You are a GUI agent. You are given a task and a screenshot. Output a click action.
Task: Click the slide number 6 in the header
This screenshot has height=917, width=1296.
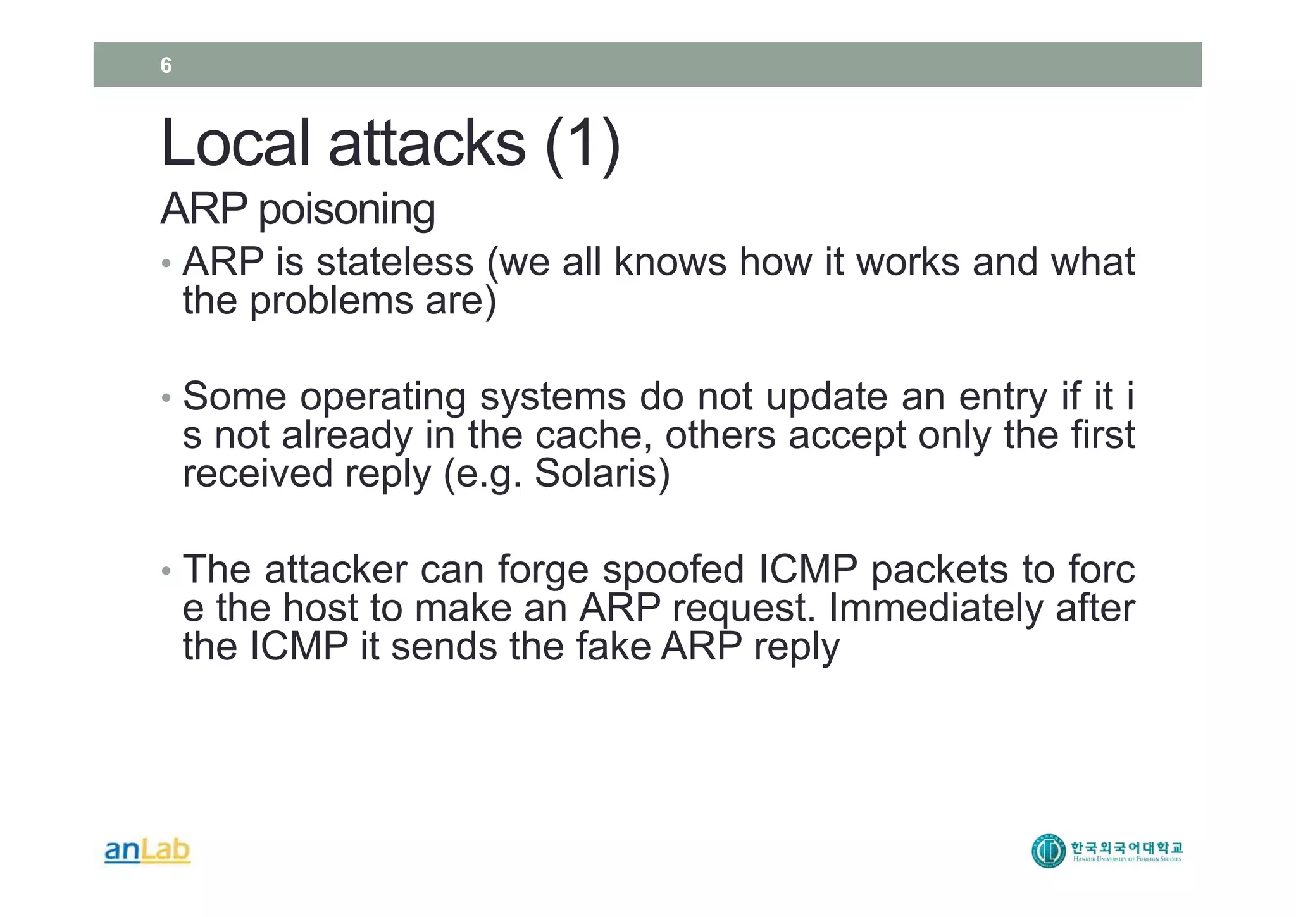pos(166,65)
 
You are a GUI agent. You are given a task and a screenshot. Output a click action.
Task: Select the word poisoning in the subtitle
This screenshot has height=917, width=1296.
pos(346,209)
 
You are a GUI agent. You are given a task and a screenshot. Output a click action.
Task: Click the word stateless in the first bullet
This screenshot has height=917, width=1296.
pos(395,262)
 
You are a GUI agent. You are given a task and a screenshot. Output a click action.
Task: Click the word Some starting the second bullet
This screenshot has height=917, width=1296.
pos(235,397)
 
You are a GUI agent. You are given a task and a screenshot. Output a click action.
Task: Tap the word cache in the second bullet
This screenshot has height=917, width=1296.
pos(592,435)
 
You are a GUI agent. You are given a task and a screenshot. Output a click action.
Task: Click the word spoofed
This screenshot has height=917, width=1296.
pos(673,570)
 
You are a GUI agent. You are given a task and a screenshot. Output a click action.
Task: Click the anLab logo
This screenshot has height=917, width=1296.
pos(147,851)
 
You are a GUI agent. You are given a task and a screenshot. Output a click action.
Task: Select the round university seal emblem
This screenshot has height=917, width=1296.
pos(1048,851)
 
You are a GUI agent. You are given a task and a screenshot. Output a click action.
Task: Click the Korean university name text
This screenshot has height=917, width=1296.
pos(1126,847)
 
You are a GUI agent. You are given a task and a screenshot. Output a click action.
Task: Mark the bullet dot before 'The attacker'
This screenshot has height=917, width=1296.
pos(166,571)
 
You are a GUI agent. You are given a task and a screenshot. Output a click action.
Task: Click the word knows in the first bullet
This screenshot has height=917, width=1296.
pos(670,262)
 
